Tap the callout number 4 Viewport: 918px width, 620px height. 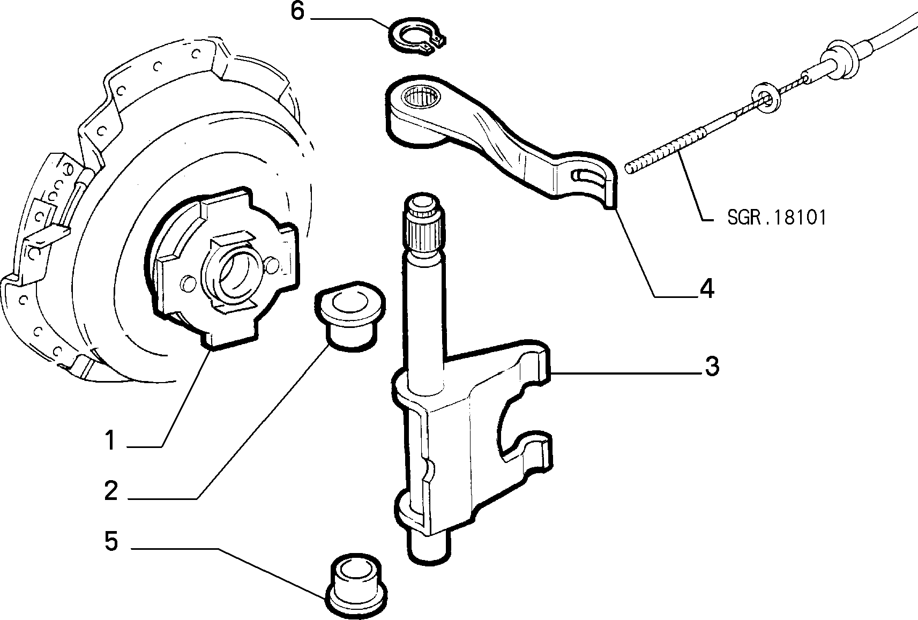pos(707,288)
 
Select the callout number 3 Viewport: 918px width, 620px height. pos(712,366)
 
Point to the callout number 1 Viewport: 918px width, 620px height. pos(110,440)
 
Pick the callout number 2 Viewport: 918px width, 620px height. pos(111,490)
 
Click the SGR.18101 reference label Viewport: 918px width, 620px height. pos(777,217)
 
